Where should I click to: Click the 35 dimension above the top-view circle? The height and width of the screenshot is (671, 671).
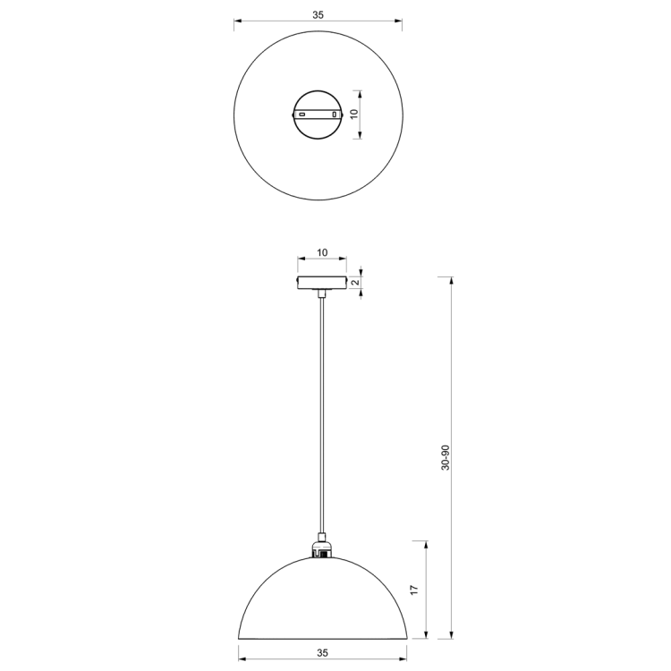(318, 15)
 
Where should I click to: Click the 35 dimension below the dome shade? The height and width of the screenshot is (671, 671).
(322, 652)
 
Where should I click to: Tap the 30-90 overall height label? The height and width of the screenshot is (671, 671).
(446, 458)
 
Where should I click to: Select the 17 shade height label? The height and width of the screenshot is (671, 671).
(413, 590)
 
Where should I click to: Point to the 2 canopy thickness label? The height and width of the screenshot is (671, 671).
(355, 283)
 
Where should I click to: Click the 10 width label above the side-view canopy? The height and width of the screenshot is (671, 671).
(322, 253)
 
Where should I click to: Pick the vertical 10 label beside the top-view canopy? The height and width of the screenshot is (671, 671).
(353, 114)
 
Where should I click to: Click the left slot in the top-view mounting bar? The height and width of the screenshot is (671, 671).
(303, 115)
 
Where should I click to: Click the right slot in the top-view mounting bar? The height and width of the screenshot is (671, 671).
(335, 115)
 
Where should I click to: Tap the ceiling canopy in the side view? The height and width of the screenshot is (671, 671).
(322, 283)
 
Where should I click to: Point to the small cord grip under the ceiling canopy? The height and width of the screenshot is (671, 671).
(321, 293)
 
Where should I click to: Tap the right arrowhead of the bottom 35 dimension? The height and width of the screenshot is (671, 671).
(403, 660)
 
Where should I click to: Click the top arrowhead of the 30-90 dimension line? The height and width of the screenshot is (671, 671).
(450, 279)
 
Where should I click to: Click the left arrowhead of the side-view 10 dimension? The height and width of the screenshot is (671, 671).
(300, 261)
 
